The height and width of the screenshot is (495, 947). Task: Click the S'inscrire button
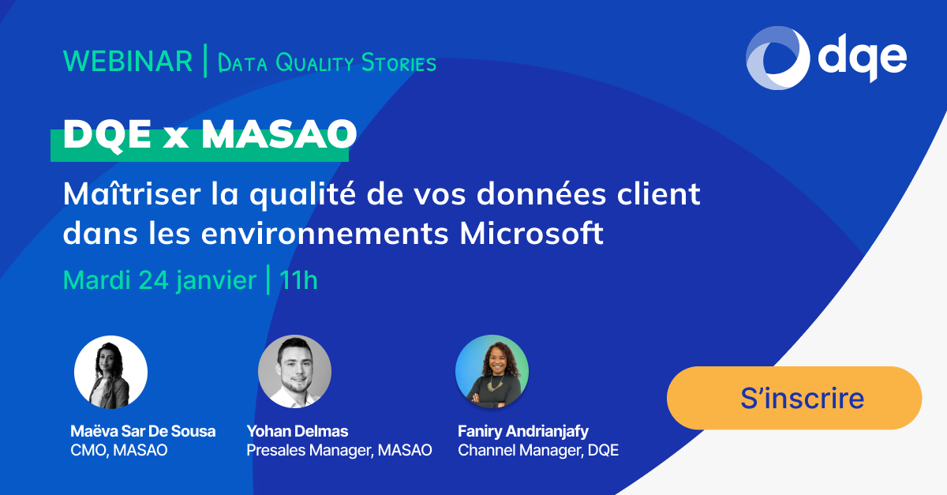[x=794, y=398]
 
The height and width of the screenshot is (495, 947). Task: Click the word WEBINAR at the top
[x=128, y=62]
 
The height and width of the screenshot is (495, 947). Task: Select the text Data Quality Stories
[x=327, y=63]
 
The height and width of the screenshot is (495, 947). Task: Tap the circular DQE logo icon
[x=777, y=58]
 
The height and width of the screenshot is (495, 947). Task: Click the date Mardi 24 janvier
[x=159, y=280]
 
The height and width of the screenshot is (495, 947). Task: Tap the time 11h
[x=298, y=280]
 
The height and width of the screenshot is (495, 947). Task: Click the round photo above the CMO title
[x=110, y=372]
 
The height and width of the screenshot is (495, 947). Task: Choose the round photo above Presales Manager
[x=294, y=372]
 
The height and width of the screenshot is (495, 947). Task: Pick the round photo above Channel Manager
[x=492, y=372]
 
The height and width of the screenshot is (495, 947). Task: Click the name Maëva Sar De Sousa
[x=143, y=431]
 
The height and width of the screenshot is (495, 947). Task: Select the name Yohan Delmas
[x=298, y=431]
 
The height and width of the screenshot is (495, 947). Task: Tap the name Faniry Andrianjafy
[x=523, y=431]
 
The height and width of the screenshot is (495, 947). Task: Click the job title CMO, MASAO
[x=119, y=451]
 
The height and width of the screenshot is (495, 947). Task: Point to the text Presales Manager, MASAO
[x=339, y=451]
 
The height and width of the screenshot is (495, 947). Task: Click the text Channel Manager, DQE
[x=538, y=451]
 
